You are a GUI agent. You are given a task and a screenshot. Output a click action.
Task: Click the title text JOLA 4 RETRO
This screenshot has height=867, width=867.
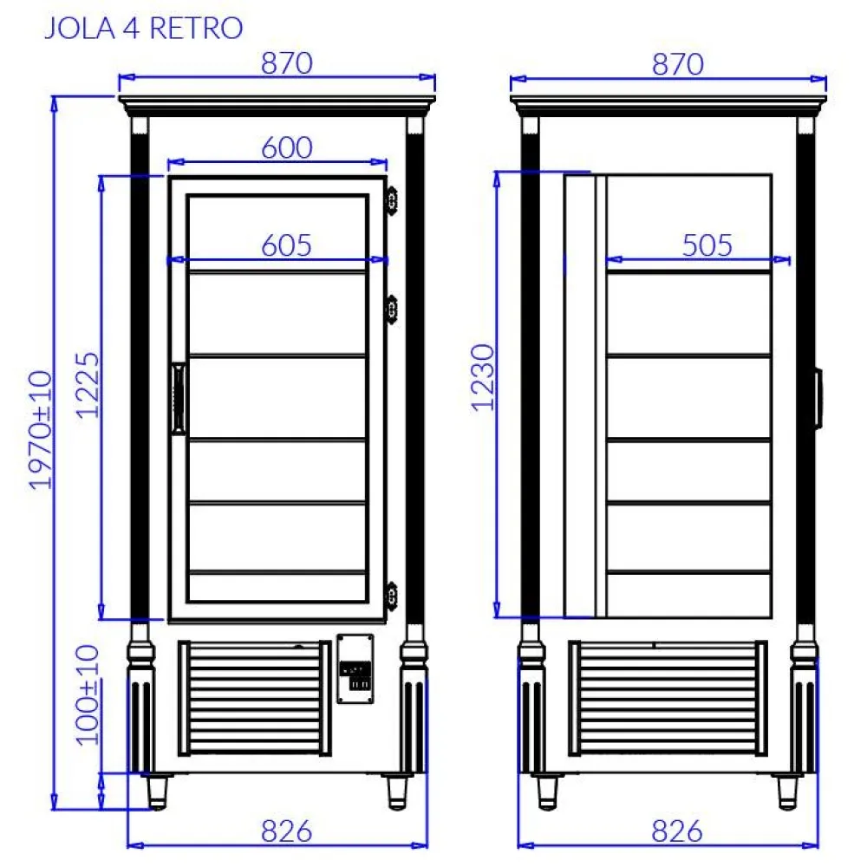click(143, 28)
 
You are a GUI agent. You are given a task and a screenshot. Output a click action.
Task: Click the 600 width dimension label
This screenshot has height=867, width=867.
click(286, 147)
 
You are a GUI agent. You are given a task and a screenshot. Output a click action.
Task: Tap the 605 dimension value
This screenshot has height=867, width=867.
click(286, 245)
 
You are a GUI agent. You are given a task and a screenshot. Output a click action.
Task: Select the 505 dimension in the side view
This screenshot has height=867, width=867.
click(707, 245)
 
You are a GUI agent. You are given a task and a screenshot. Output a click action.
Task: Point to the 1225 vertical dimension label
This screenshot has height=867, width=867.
click(87, 386)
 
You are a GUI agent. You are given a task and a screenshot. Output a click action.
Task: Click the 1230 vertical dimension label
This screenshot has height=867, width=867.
click(484, 377)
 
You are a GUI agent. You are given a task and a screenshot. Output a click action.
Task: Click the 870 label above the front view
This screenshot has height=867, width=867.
click(286, 63)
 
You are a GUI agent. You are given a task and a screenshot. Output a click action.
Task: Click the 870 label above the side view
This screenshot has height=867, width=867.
click(677, 63)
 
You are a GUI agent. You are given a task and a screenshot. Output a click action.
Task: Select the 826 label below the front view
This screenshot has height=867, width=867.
click(286, 831)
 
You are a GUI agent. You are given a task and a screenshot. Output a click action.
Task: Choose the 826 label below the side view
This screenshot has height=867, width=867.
click(677, 831)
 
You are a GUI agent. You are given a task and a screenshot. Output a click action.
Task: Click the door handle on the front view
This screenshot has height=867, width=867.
click(179, 397)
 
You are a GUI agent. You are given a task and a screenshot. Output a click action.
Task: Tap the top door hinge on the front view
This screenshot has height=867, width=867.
click(392, 200)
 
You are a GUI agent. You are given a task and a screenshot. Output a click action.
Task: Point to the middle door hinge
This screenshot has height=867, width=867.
click(392, 308)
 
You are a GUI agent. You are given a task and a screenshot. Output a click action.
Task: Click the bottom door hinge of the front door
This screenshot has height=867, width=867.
click(392, 594)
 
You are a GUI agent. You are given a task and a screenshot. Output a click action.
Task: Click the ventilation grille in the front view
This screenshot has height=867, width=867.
click(255, 698)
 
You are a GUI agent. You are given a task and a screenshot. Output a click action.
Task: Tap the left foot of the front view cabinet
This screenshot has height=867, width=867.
click(156, 791)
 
